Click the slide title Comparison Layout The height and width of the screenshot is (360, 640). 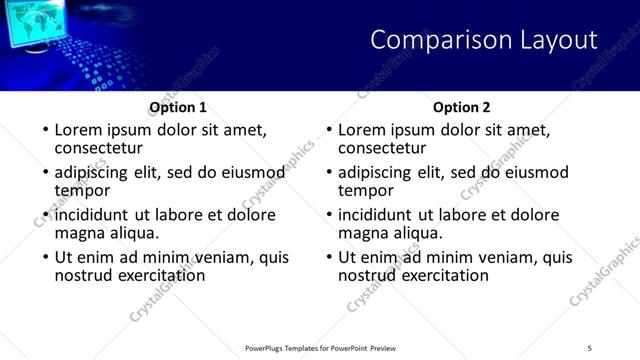[484, 41]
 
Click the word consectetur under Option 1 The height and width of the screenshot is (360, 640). [99, 148]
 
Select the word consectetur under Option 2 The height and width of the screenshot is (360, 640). [383, 148]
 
